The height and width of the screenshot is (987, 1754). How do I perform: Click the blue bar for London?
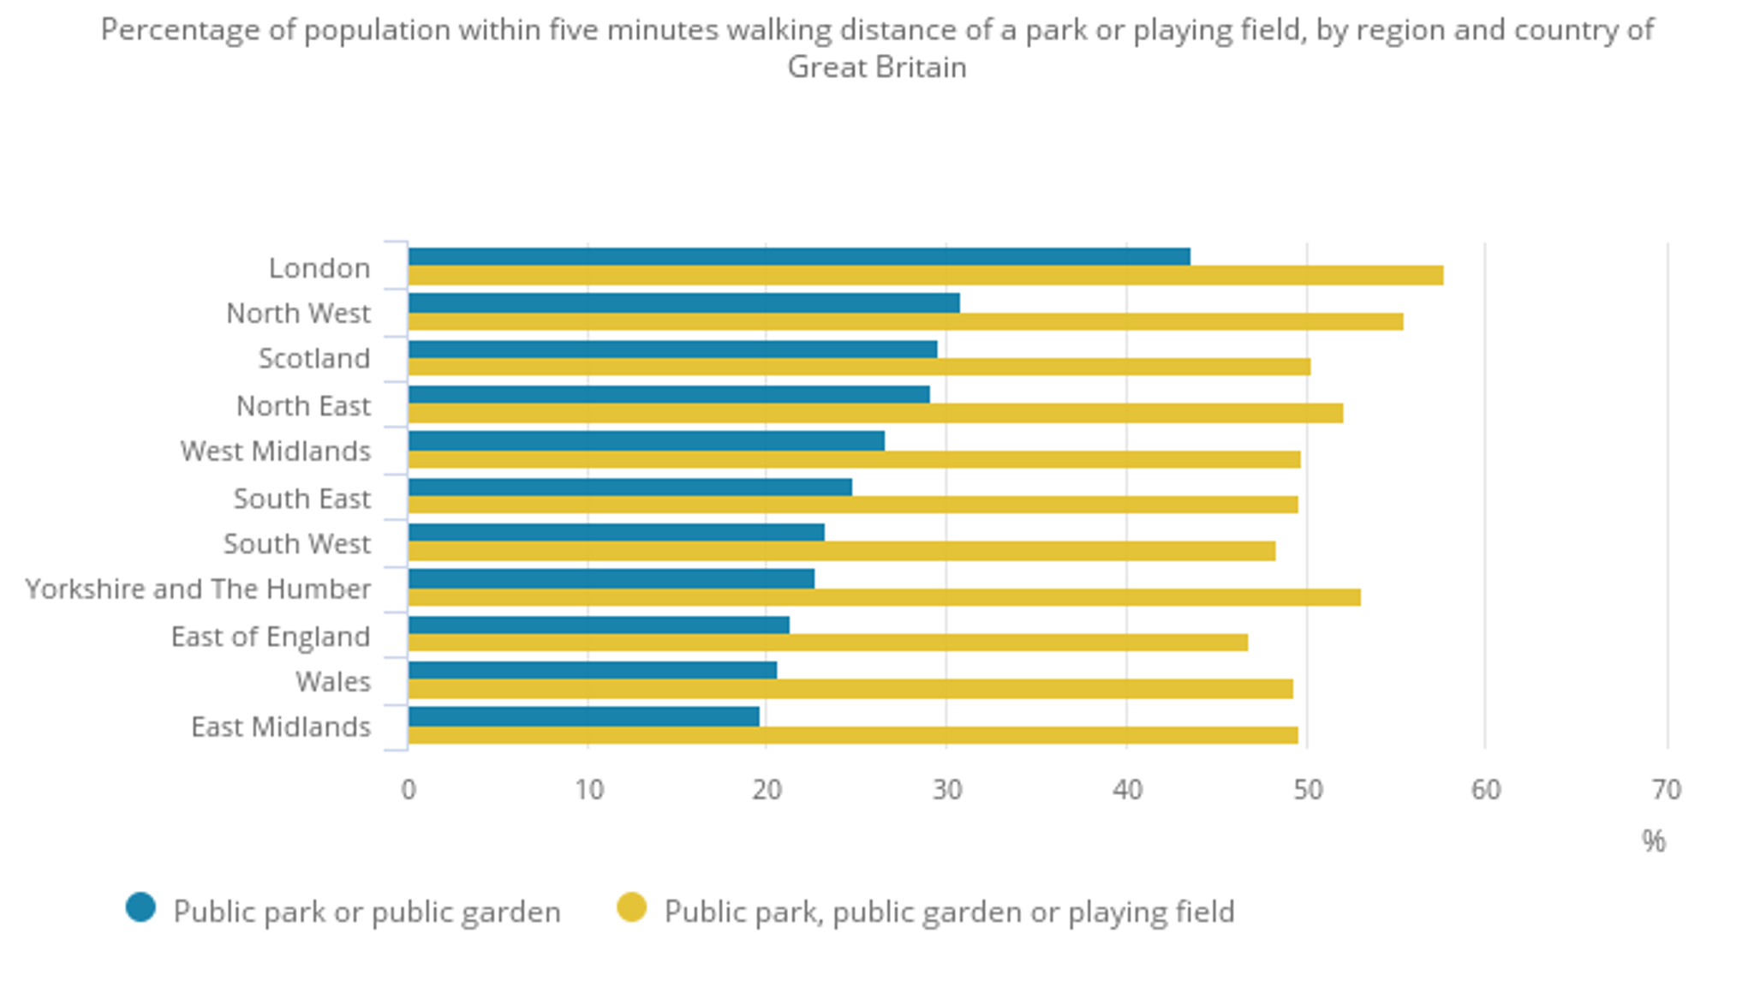click(x=799, y=256)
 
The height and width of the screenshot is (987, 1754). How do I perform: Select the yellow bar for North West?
click(x=905, y=321)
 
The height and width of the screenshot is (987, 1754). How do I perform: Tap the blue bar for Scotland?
click(x=672, y=349)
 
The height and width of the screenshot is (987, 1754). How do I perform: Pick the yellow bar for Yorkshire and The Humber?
click(x=884, y=597)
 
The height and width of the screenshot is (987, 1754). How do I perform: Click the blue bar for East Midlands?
click(x=583, y=716)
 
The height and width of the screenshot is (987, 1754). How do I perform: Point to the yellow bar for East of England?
click(x=827, y=643)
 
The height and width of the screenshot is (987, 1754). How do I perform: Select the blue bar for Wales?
click(x=592, y=670)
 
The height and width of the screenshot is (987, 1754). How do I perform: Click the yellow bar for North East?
click(x=875, y=414)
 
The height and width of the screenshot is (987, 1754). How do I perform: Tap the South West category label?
click(x=297, y=544)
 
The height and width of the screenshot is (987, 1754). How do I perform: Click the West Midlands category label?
click(x=276, y=452)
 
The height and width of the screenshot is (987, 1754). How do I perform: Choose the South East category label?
click(x=302, y=499)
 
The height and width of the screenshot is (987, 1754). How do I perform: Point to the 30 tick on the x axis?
click(x=947, y=790)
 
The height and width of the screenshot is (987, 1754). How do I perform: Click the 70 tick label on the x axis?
click(x=1666, y=790)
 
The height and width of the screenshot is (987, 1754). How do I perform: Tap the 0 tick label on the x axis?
click(x=409, y=790)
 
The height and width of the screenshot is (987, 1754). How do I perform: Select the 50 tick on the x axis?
click(x=1307, y=790)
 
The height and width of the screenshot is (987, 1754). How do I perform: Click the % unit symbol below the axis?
click(x=1654, y=841)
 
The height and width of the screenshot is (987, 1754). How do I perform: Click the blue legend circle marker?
click(x=140, y=907)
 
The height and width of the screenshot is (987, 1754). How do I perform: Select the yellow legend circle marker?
click(x=632, y=907)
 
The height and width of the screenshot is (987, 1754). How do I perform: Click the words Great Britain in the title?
click(x=877, y=67)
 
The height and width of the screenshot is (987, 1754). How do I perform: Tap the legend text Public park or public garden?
click(x=367, y=912)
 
